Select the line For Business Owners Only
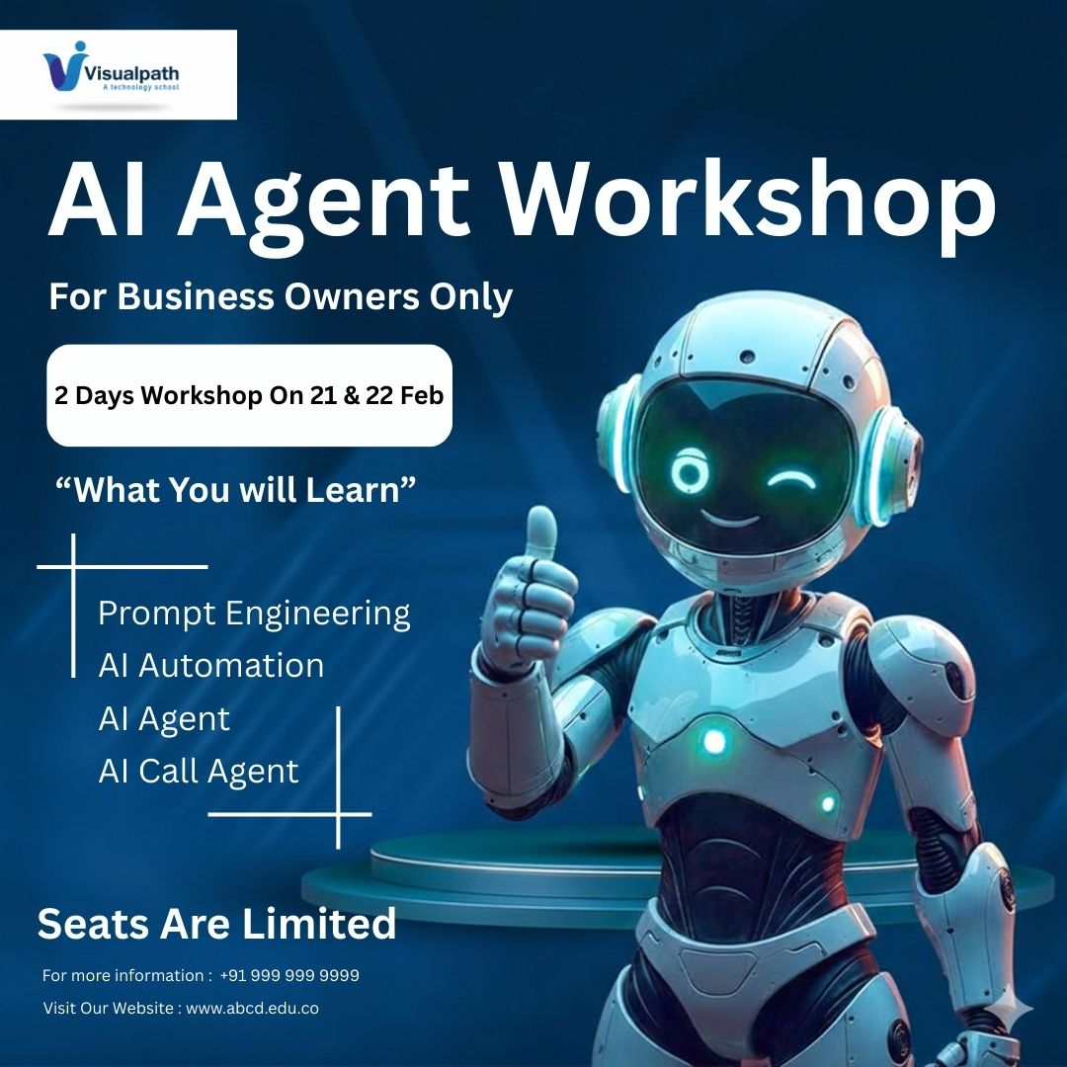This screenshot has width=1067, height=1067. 281,296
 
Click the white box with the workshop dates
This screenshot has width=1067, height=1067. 249,395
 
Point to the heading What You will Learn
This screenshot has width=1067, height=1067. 236,489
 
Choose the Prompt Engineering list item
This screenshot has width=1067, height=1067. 254,614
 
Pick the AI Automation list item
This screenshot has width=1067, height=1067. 210,665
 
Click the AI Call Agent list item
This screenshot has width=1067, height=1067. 199,771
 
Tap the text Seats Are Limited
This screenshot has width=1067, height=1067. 217,924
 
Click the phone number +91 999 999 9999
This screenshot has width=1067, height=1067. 289,975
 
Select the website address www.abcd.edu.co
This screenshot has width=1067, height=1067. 252,1009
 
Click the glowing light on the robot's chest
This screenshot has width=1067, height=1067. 713,741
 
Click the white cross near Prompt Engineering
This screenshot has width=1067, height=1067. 74,567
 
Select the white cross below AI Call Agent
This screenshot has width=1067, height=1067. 338,814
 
